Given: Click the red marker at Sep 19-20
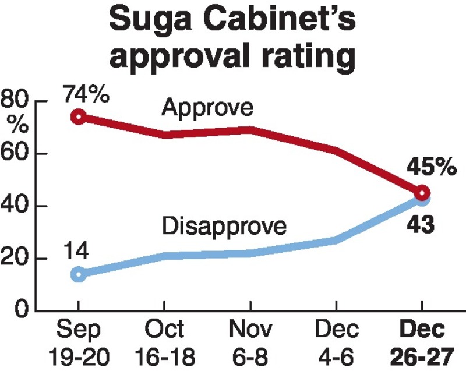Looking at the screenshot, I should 79,117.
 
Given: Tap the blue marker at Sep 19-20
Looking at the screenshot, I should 79,274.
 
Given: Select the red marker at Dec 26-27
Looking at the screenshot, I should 422,193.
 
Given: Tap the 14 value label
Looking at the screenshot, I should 76,251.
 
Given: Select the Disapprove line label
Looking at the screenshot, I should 224,225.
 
